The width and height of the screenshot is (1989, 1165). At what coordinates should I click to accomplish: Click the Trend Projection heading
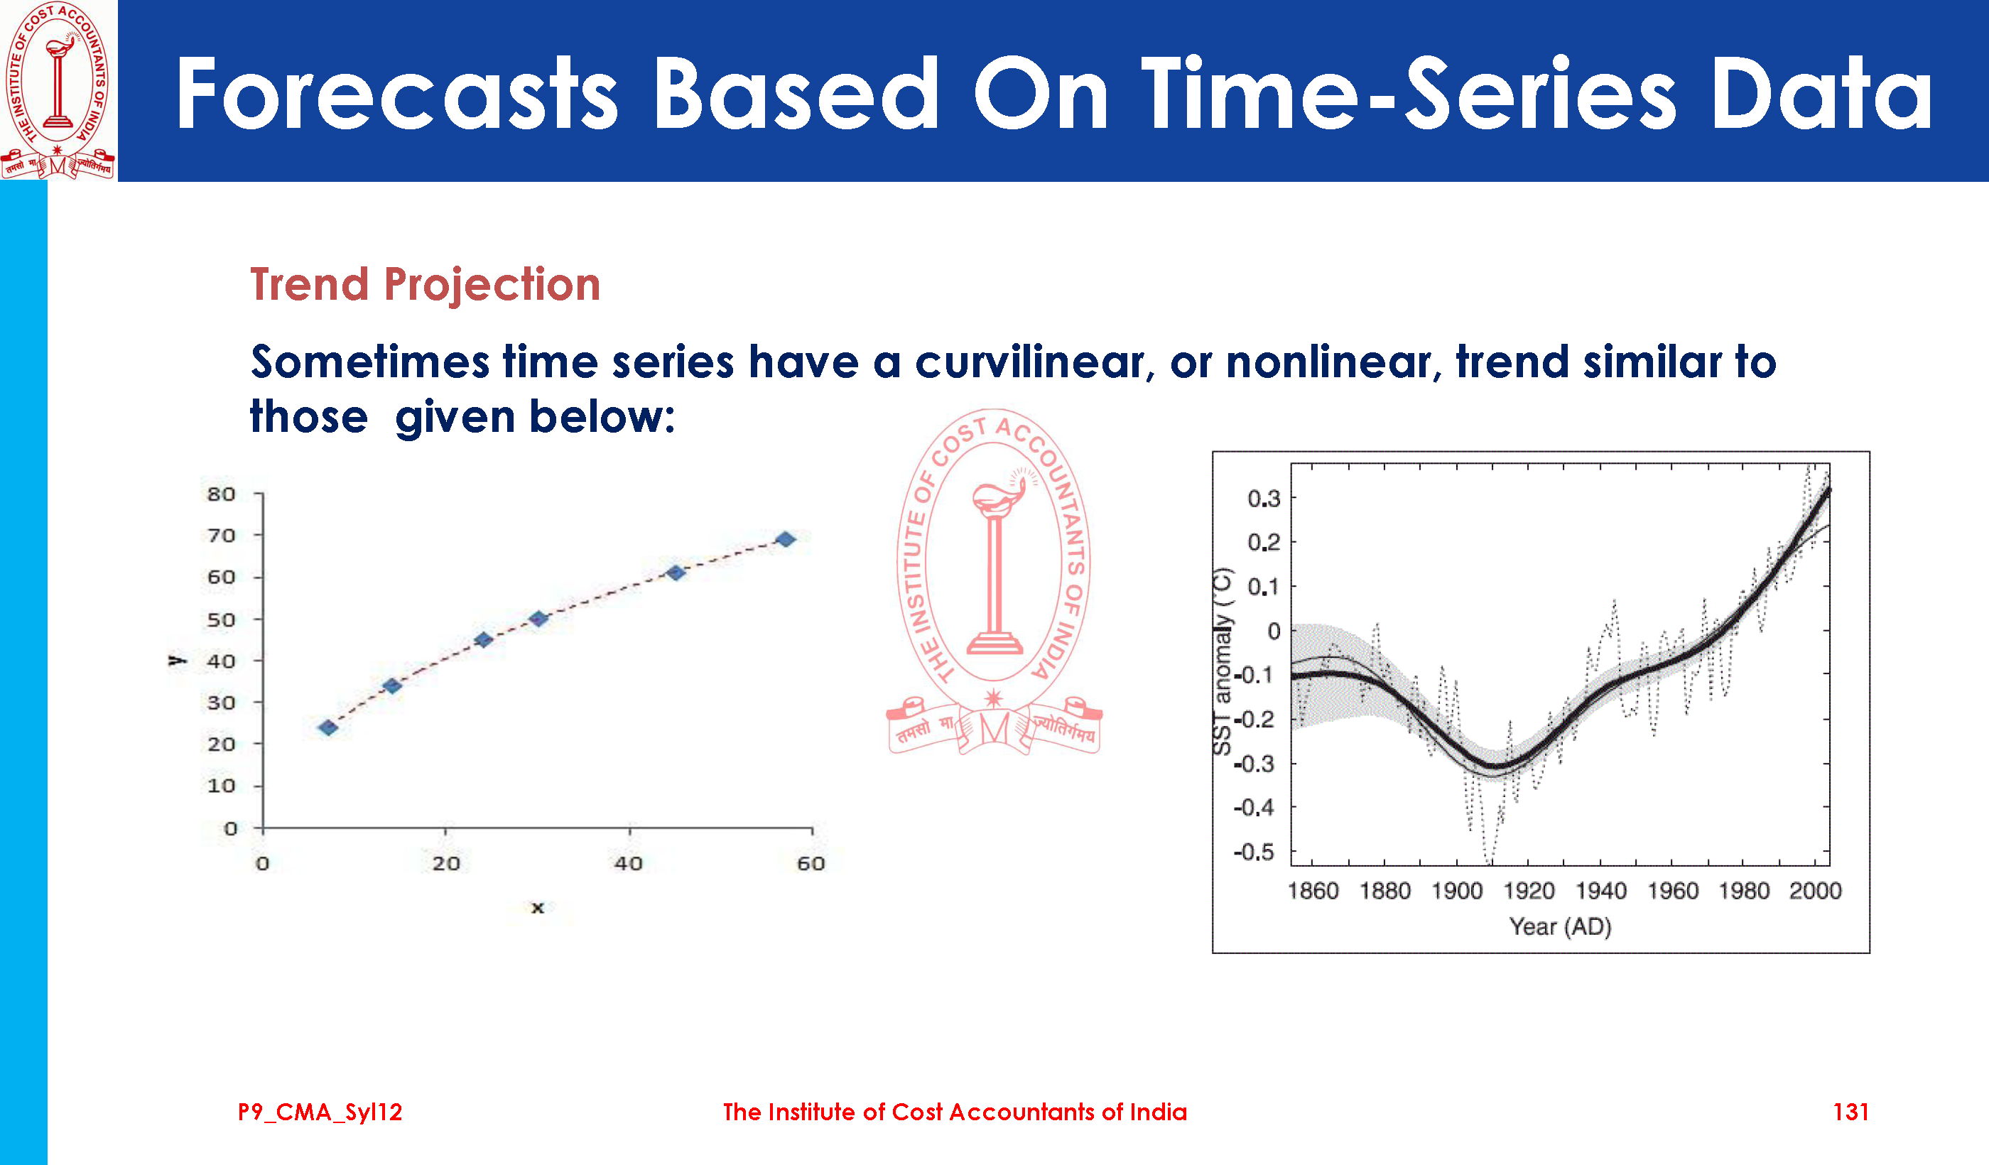(425, 285)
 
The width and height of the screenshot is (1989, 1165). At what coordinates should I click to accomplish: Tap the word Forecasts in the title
(396, 94)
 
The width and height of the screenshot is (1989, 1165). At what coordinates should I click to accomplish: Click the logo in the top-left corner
(58, 90)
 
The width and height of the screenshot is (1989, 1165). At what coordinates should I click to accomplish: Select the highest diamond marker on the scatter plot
(786, 539)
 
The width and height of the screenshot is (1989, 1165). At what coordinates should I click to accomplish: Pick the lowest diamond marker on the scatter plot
(328, 727)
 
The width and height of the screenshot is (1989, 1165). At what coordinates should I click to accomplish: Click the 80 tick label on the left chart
(221, 494)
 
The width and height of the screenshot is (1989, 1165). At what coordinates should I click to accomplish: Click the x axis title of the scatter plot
(538, 908)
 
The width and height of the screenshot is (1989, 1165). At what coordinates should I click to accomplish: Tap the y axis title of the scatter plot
(177, 659)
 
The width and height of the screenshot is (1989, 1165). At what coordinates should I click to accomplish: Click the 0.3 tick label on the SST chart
(1264, 499)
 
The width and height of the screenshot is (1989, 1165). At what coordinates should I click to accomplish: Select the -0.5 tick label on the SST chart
(1254, 852)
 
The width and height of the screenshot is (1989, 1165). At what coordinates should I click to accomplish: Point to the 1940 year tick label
(1600, 891)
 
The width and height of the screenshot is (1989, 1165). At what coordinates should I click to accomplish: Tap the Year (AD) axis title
(1561, 926)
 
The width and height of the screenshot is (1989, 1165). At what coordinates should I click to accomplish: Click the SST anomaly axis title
(1222, 661)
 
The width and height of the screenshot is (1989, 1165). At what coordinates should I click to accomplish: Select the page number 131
(1850, 1112)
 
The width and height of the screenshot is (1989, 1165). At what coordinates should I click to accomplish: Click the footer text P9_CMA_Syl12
(320, 1113)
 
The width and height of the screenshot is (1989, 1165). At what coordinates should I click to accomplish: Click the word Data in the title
(1821, 94)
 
